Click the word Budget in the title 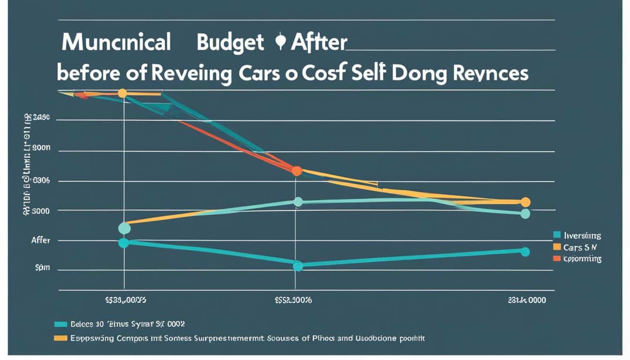[x=230, y=43]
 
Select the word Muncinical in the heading [x=116, y=43]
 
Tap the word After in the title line [x=319, y=43]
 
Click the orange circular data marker [x=297, y=171]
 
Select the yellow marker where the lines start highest [x=122, y=93]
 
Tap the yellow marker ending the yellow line [x=525, y=202]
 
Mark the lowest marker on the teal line [x=298, y=266]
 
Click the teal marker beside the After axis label [x=124, y=243]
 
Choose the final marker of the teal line [x=525, y=252]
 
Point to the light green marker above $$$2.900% [x=298, y=202]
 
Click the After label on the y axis [x=40, y=240]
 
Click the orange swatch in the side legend [x=557, y=258]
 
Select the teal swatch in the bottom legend [x=61, y=324]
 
